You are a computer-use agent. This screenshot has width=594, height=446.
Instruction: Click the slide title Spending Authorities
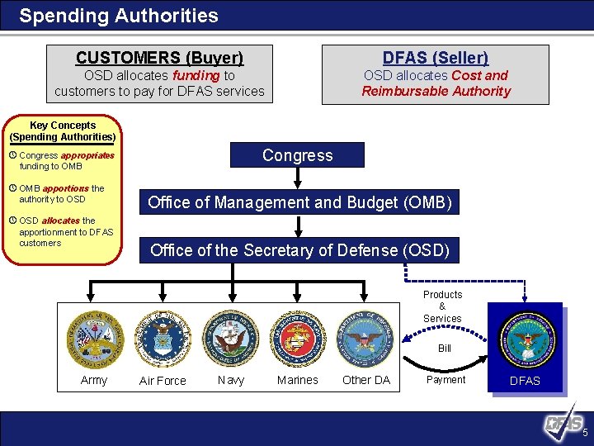coord(119,16)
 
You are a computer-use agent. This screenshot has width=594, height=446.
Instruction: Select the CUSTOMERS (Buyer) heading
coord(159,58)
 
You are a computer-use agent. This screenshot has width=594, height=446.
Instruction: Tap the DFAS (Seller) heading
coord(435,58)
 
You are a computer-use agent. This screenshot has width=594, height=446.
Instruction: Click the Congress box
coord(298,155)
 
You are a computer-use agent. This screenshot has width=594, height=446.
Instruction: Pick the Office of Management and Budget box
coord(299,202)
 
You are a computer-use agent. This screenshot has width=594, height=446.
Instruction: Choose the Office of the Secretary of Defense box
coord(299,249)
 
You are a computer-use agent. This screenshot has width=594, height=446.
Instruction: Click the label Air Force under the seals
coord(163,381)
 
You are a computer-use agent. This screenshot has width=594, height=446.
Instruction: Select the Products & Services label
coord(442,306)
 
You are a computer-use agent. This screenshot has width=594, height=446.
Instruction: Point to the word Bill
coord(444,349)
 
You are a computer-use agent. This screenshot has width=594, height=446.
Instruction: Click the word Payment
coord(445,380)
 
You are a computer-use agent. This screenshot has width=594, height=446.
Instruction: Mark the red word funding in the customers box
coord(196,75)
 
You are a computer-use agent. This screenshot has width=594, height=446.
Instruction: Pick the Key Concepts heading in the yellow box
coord(63,130)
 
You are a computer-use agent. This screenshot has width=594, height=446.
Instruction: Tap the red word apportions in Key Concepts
coord(65,188)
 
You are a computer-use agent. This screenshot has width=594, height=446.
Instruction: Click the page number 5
coord(584,434)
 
